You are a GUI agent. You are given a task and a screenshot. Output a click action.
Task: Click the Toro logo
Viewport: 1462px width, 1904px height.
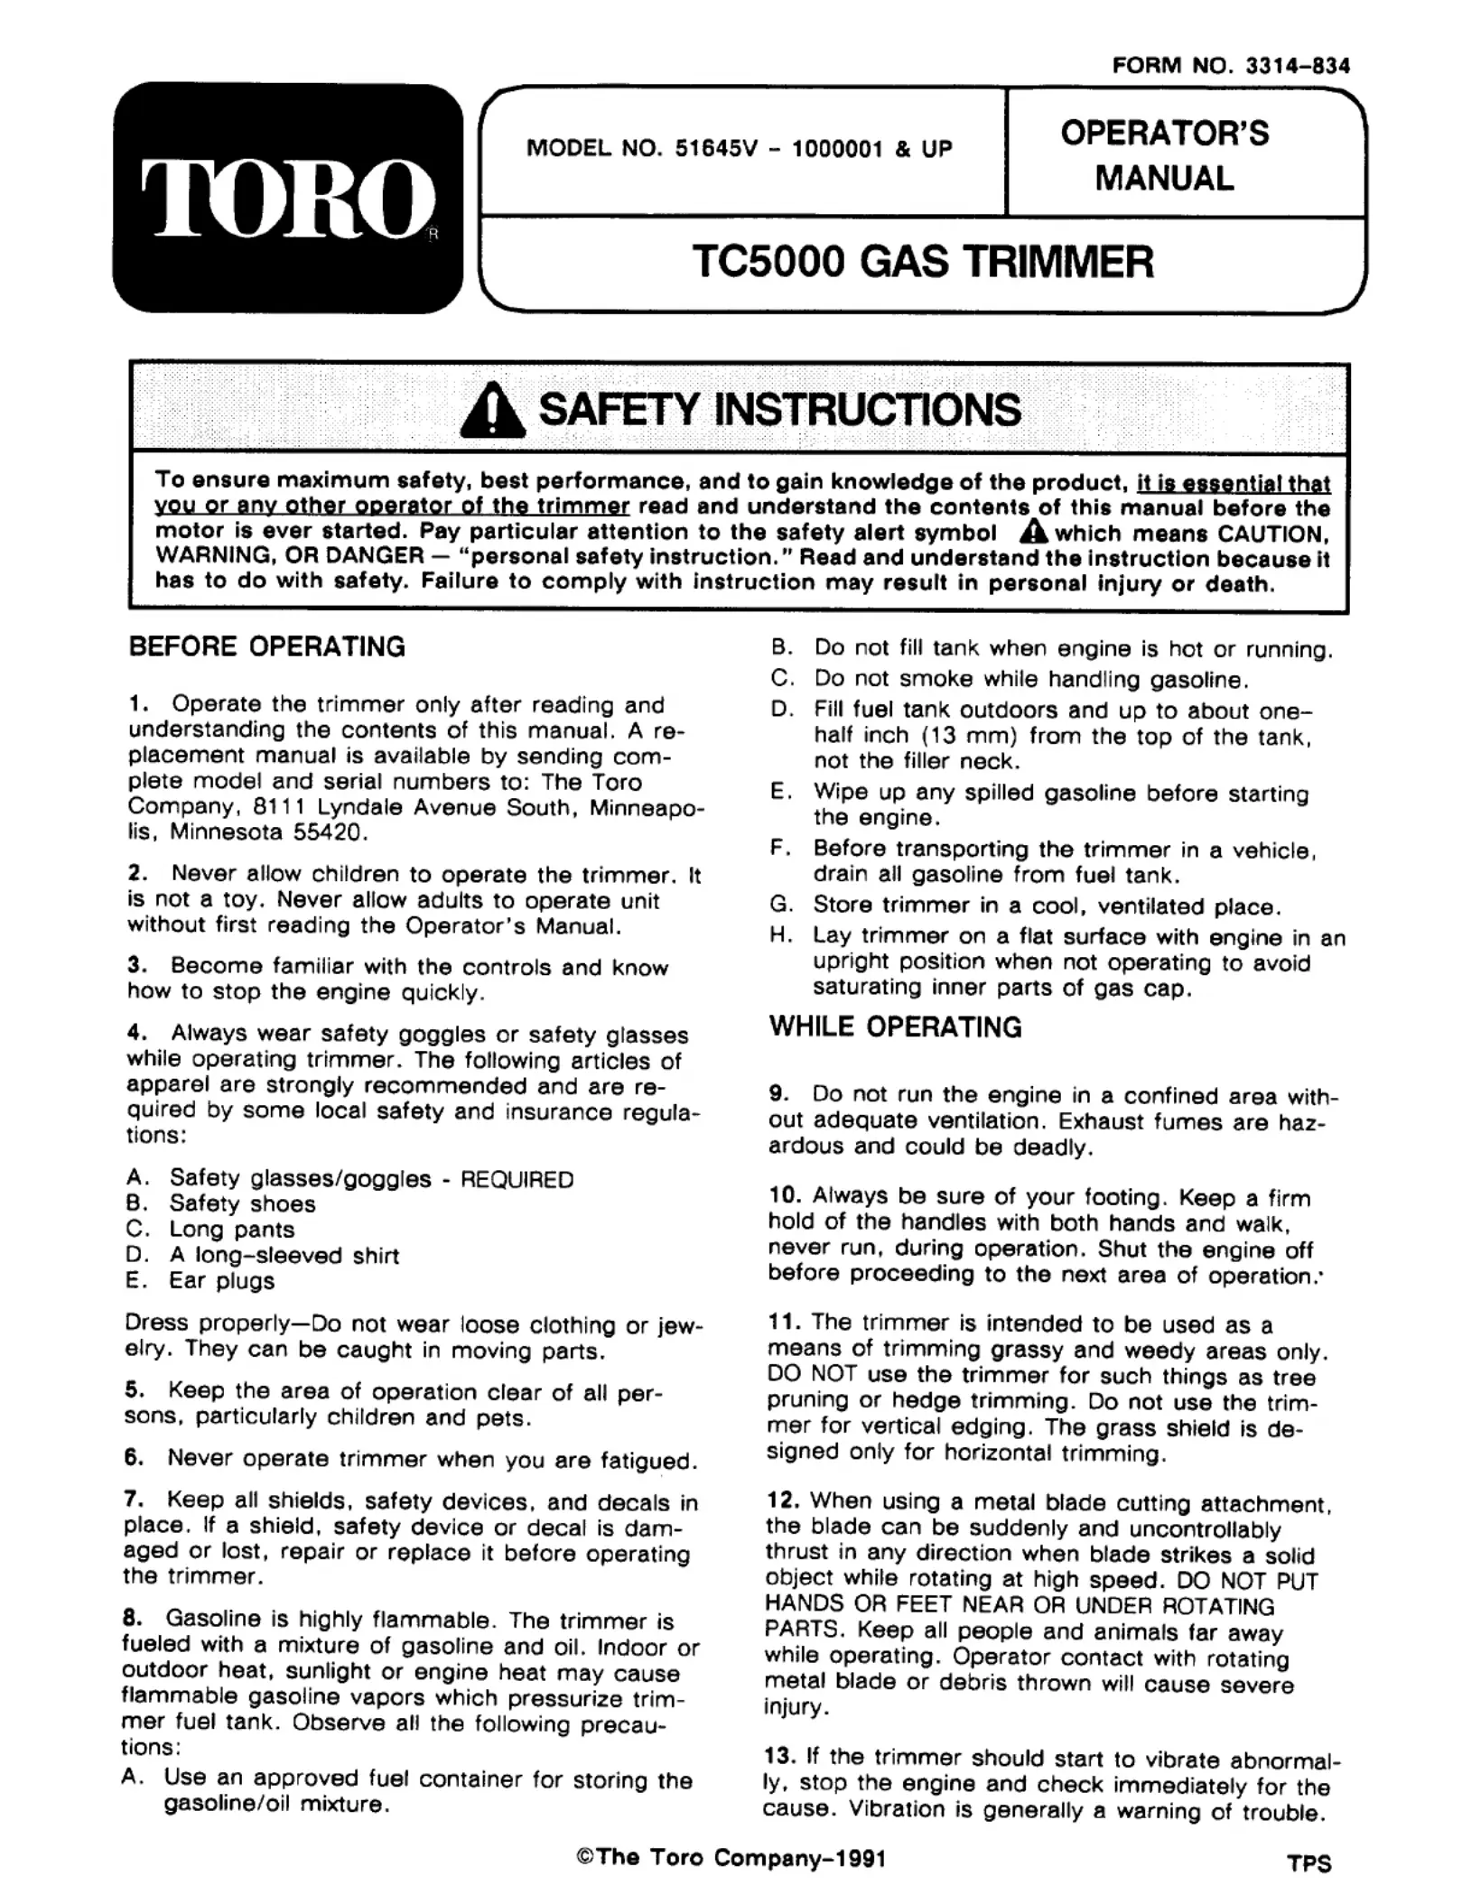pyautogui.click(x=287, y=199)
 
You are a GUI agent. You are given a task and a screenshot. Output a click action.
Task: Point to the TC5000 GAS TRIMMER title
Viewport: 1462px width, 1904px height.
pyautogui.click(x=923, y=263)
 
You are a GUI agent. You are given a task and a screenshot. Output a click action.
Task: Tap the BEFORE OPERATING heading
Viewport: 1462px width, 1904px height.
pyautogui.click(x=267, y=646)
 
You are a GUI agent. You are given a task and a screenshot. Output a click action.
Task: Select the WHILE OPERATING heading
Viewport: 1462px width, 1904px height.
pyautogui.click(x=896, y=1026)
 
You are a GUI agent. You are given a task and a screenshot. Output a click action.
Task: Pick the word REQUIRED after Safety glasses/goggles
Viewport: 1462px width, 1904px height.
pyautogui.click(x=517, y=1180)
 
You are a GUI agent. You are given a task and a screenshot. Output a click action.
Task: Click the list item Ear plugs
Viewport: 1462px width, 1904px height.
pyautogui.click(x=221, y=1280)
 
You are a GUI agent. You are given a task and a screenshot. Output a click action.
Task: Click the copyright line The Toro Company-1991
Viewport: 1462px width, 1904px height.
pyautogui.click(x=731, y=1857)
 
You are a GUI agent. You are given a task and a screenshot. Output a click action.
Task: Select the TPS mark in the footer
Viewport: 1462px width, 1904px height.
pyautogui.click(x=1309, y=1862)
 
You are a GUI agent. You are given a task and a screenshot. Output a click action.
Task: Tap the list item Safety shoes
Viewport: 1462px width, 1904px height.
pyautogui.click(x=242, y=1203)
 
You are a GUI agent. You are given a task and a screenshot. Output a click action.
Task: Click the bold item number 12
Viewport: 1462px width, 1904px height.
pyautogui.click(x=783, y=1500)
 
